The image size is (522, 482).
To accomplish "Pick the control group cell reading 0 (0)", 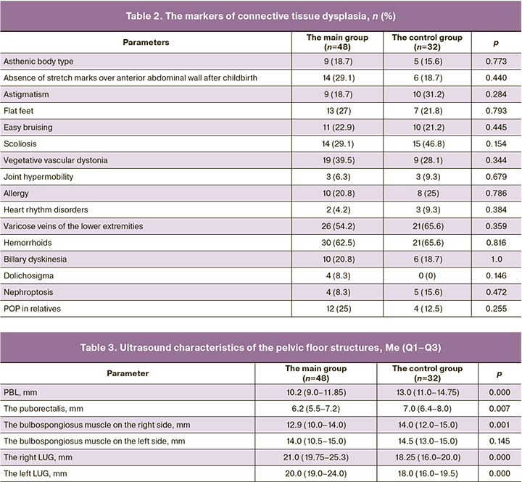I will (423, 275).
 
